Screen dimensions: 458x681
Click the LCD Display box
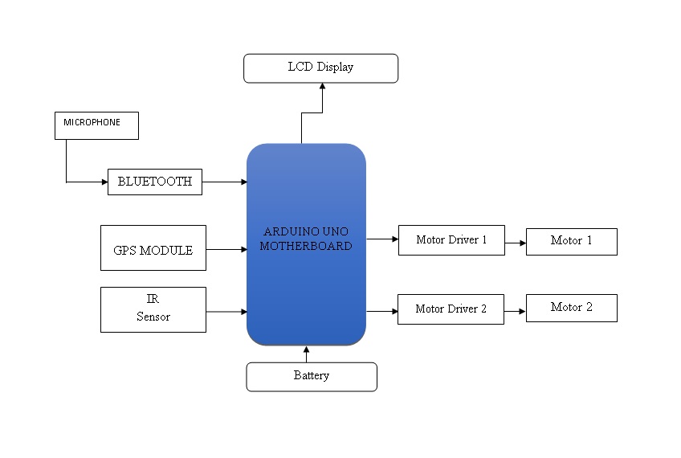(320, 67)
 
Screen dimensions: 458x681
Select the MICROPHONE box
(96, 125)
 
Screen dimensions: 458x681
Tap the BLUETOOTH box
(154, 182)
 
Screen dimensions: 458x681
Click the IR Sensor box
(153, 309)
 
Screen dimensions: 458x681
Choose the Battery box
(312, 376)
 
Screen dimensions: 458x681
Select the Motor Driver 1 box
(451, 239)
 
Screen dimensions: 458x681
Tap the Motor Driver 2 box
(451, 309)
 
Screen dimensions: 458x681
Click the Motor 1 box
(571, 241)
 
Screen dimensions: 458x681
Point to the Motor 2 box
(571, 308)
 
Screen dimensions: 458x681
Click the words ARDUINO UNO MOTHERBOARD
(306, 239)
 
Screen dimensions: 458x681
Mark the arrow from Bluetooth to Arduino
(224, 182)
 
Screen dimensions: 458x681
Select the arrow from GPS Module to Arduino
(226, 249)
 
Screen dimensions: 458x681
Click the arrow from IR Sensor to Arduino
(226, 311)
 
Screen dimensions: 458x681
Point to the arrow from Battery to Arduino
(306, 354)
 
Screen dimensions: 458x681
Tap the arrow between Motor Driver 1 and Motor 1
(516, 241)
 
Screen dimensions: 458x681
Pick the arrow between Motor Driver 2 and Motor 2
(515, 309)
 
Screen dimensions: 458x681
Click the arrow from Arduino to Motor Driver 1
(382, 239)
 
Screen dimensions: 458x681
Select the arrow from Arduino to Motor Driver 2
(382, 310)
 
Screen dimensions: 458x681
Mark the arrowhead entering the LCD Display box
(321, 87)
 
